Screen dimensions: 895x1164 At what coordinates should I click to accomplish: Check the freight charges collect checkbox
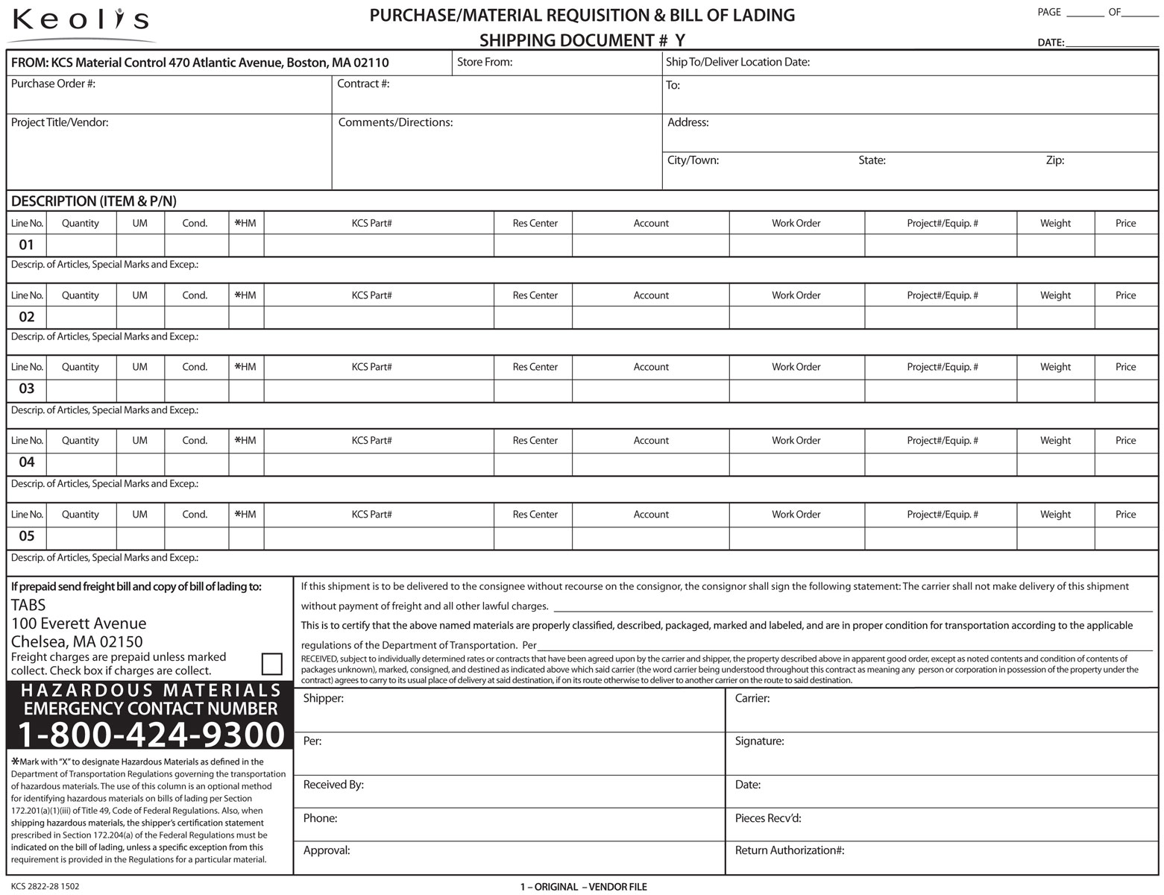click(272, 664)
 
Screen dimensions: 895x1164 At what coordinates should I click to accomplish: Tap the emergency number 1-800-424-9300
click(151, 735)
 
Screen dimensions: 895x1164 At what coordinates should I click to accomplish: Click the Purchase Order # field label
click(53, 84)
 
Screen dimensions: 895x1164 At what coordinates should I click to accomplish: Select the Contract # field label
click(363, 84)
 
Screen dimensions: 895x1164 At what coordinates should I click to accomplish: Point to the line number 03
click(26, 389)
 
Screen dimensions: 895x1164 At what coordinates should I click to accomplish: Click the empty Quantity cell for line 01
click(81, 245)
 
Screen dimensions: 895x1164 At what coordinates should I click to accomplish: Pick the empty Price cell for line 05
click(1125, 537)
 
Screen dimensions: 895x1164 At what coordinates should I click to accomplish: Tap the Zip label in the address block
click(1054, 160)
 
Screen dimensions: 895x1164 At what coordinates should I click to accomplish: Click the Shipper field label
click(323, 699)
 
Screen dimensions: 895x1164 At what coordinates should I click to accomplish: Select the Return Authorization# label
click(789, 850)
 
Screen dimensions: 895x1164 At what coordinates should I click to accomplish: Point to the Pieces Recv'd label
click(767, 818)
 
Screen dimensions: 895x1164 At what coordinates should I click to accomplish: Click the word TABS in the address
click(28, 605)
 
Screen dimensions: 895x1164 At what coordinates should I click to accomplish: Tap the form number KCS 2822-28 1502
click(45, 887)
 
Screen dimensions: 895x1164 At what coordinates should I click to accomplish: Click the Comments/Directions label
click(395, 122)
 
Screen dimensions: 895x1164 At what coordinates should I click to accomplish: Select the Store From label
click(485, 62)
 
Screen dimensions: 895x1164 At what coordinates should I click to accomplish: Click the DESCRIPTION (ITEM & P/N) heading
click(93, 201)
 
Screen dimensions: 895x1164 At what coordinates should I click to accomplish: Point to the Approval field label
click(327, 850)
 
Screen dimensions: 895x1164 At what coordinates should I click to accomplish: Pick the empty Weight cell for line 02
click(1055, 317)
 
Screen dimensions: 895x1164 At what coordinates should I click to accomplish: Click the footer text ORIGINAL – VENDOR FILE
click(583, 887)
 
